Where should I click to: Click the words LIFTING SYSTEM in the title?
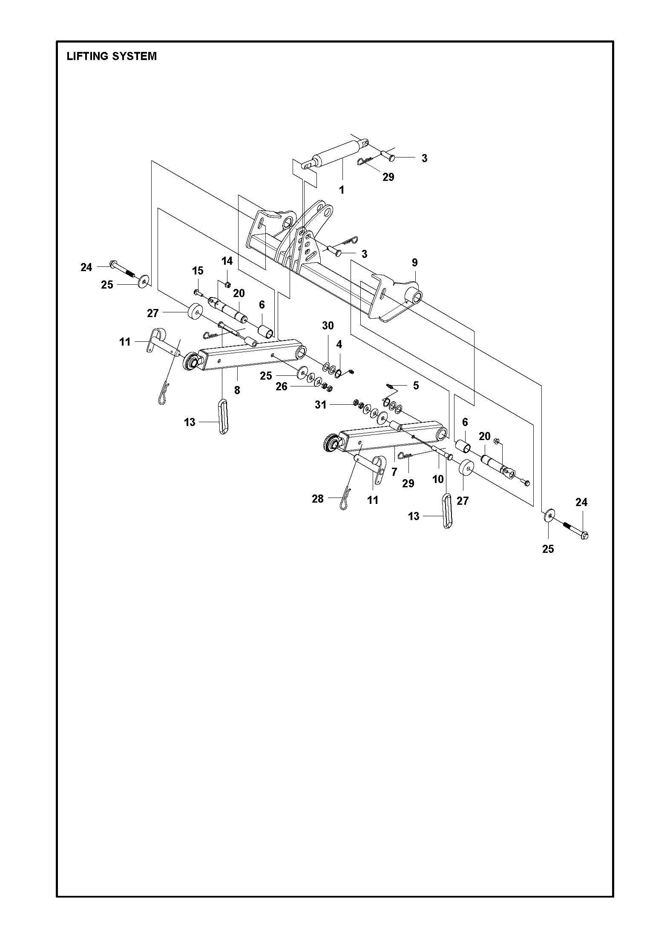112,56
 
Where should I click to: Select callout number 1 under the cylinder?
342,190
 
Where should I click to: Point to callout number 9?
414,263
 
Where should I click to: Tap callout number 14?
227,260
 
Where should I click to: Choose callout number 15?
198,271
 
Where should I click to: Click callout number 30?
328,326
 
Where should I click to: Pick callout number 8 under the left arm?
237,389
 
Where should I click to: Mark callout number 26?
282,386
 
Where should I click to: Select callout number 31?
320,405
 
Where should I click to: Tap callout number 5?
416,385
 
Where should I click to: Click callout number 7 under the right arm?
394,472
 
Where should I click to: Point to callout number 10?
438,479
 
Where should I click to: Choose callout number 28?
318,499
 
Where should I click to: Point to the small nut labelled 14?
228,284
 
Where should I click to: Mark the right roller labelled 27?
467,470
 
